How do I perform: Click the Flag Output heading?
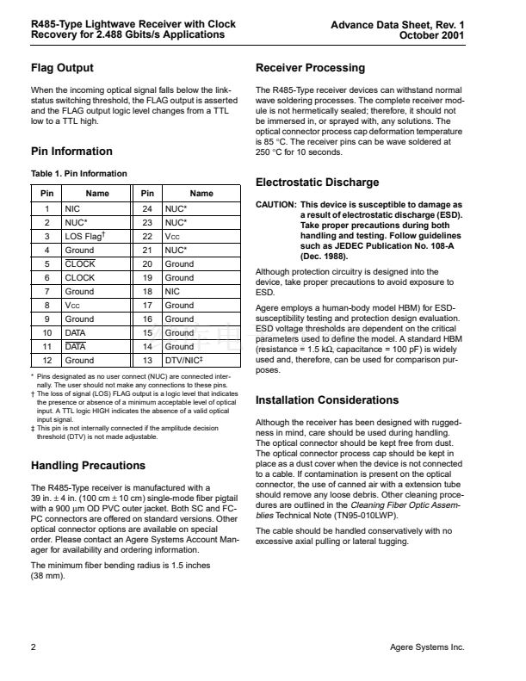(62, 68)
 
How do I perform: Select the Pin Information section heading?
(71, 152)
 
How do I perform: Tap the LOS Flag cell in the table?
(87, 236)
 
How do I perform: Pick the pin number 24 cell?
(147, 208)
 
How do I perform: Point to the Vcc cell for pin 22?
(172, 236)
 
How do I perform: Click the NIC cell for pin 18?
(173, 291)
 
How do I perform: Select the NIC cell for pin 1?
(72, 208)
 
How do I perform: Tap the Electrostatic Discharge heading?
(317, 183)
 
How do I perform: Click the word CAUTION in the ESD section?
(275, 205)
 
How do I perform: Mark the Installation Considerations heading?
(327, 400)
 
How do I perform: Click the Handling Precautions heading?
(88, 466)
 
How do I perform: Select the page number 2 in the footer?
(33, 647)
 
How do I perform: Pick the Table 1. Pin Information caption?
(78, 174)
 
